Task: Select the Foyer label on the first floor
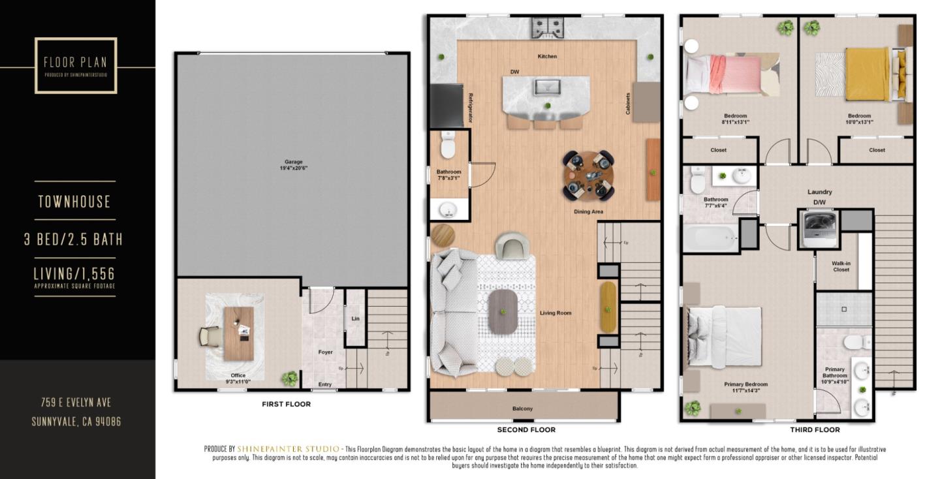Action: point(325,352)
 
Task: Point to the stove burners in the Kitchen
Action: point(547,27)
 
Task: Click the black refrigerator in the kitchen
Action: point(446,106)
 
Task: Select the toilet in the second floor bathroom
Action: point(448,146)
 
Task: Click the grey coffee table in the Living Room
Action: point(503,311)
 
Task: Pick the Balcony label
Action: point(522,409)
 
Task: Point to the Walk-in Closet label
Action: point(841,266)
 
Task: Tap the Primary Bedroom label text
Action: point(745,384)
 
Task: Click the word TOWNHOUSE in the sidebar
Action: point(74,202)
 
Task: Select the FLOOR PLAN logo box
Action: point(76,65)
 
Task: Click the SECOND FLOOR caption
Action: point(526,430)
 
